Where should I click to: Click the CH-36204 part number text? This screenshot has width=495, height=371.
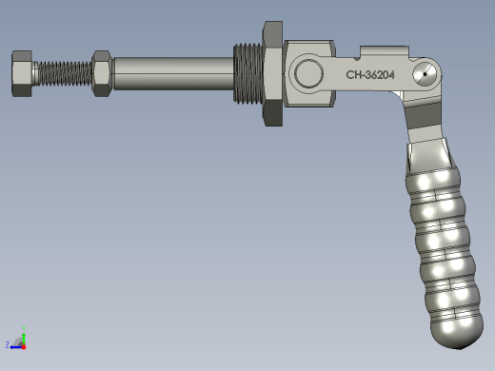pyautogui.click(x=370, y=75)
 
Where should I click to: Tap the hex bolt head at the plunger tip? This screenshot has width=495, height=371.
pyautogui.click(x=22, y=73)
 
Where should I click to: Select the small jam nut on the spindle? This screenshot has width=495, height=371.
pyautogui.click(x=102, y=73)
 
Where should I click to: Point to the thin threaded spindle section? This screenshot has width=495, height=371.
pyautogui.click(x=65, y=73)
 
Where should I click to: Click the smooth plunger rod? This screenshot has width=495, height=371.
pyautogui.click(x=173, y=73)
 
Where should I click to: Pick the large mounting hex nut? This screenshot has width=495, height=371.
pyautogui.click(x=273, y=73)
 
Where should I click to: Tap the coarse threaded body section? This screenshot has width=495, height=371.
pyautogui.click(x=248, y=73)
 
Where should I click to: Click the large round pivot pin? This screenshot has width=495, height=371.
pyautogui.click(x=308, y=73)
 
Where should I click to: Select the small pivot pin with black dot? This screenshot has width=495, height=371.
pyautogui.click(x=425, y=74)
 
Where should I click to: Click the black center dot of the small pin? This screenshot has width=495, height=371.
pyautogui.click(x=425, y=74)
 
